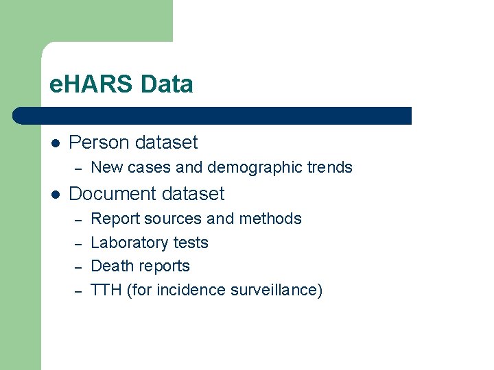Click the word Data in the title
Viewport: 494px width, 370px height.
[x=167, y=85]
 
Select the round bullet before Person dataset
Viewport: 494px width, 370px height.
[x=56, y=143]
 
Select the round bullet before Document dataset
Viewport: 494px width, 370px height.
[x=56, y=195]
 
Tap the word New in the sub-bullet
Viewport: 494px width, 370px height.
[x=105, y=167]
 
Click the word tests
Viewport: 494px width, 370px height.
[x=191, y=243]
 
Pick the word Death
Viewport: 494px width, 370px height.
[x=110, y=266]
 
